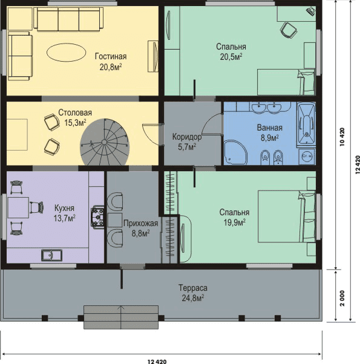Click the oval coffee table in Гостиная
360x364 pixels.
[x=66, y=53]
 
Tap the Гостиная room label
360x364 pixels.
[x=111, y=56]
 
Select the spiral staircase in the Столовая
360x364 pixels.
[x=105, y=142]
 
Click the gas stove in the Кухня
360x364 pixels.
[x=97, y=217]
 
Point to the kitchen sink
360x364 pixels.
[x=51, y=255]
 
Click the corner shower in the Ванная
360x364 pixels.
[x=235, y=152]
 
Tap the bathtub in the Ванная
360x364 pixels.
[x=307, y=124]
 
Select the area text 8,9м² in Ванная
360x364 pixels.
[x=270, y=138]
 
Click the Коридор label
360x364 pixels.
[x=187, y=137]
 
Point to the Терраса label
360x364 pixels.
[x=193, y=288]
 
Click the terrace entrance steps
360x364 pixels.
[x=121, y=317]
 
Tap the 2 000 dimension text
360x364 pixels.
[x=342, y=298]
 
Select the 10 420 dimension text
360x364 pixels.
[x=342, y=137]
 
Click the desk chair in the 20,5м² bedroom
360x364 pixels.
[x=289, y=30]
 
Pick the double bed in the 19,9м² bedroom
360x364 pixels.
[x=287, y=216]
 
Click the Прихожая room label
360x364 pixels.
[x=141, y=223]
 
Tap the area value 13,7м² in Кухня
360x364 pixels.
[x=65, y=218]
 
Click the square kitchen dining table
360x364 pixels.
[x=18, y=207]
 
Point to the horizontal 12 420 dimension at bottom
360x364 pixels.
[x=157, y=361]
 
